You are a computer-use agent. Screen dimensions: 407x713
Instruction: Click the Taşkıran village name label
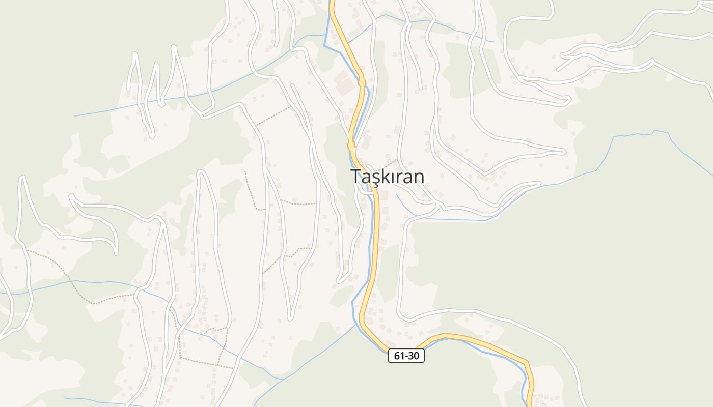pyautogui.click(x=388, y=177)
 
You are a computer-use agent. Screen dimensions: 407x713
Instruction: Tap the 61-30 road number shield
pyautogui.click(x=406, y=356)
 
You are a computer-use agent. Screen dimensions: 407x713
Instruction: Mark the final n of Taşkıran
pyautogui.click(x=418, y=177)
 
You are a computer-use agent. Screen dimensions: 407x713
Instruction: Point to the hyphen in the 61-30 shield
pyautogui.click(x=406, y=356)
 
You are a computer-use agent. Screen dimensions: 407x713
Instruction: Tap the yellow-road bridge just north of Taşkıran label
pyautogui.click(x=351, y=145)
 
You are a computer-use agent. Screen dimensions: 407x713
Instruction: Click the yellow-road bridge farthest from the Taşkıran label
pyautogui.click(x=362, y=82)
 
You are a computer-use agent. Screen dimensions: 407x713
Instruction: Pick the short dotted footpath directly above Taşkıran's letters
pyautogui.click(x=390, y=163)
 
